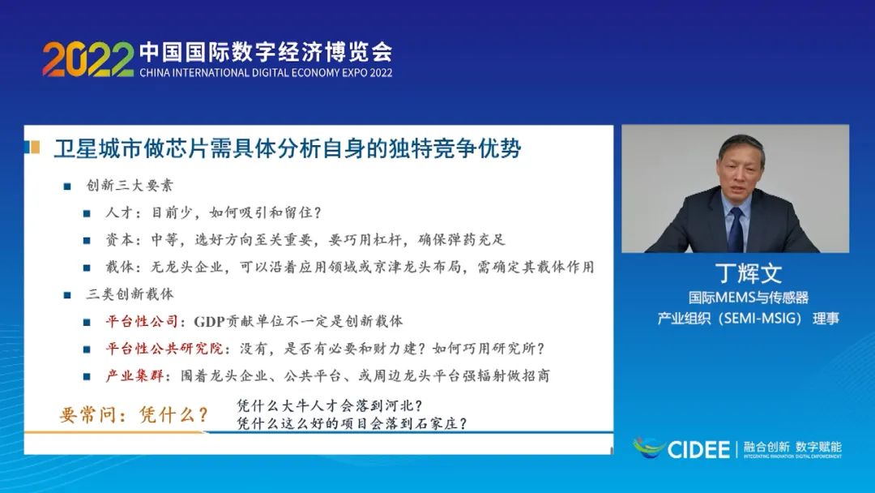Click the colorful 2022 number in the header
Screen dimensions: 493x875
coord(87,59)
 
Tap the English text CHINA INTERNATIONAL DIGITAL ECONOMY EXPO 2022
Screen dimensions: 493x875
coord(266,73)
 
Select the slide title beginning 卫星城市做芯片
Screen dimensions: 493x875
coord(287,149)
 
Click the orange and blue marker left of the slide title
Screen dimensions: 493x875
coord(33,148)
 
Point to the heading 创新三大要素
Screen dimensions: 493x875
coord(130,186)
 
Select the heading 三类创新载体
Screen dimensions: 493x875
coord(130,294)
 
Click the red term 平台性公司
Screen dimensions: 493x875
coord(142,321)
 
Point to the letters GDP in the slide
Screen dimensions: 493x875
coord(210,321)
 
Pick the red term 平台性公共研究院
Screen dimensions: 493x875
coord(159,348)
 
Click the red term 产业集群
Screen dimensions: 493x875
coord(132,375)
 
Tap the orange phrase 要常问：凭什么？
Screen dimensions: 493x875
coord(134,415)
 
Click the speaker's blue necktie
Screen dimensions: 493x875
coord(735,229)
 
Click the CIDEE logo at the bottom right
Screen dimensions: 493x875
coord(682,448)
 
